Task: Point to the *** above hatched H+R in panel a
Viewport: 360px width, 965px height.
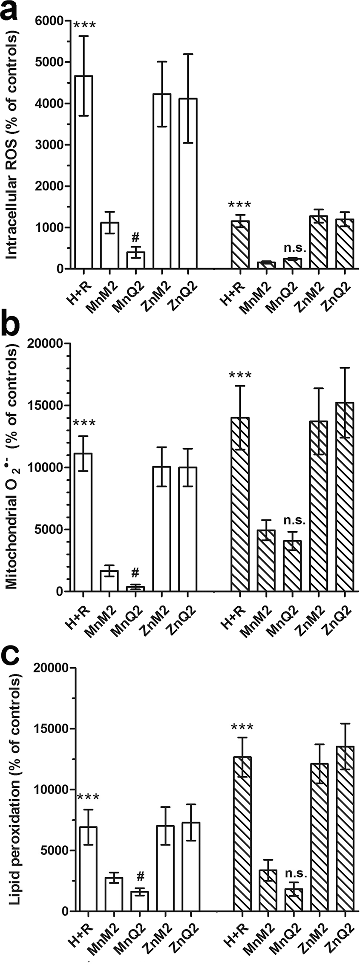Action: (240, 205)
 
